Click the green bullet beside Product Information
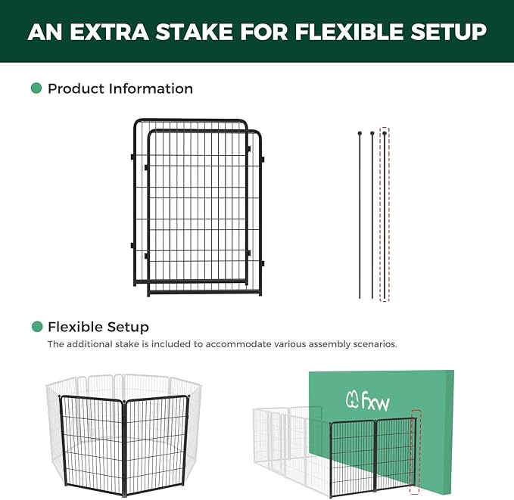point(36,89)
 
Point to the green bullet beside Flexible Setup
point(36,327)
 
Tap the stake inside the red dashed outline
point(385,216)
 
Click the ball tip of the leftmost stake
point(360,134)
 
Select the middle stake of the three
point(372,216)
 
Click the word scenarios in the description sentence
point(372,344)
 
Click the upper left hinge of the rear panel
point(132,157)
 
